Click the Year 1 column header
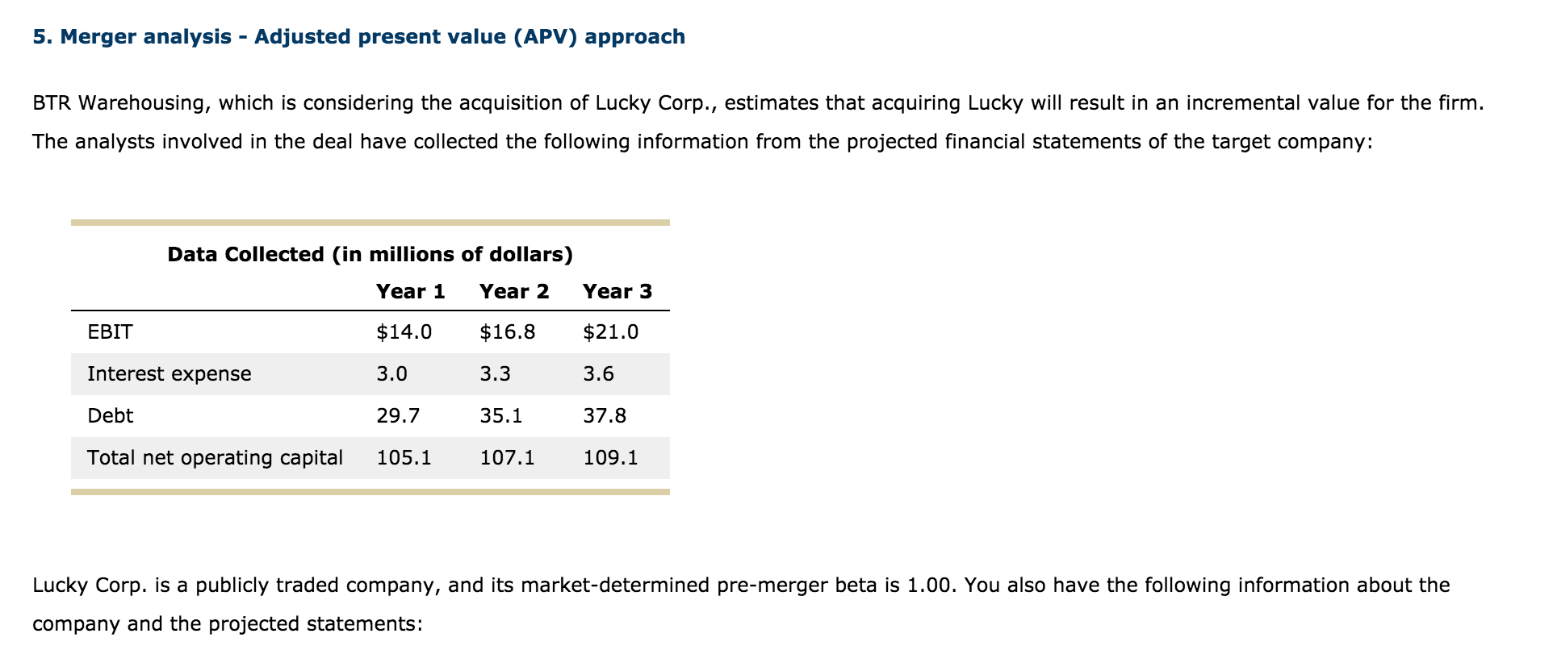410,291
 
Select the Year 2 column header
513,291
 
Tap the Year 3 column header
617,291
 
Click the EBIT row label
110,331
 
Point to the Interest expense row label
169,373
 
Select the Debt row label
110,415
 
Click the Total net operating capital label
215,457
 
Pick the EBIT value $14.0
404,331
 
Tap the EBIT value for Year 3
610,331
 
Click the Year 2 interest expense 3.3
495,373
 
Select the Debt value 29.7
398,415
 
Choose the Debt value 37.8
605,415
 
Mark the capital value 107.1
507,457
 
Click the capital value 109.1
610,457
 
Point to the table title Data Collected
370,254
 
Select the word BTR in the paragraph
52,102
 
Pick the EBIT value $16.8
507,331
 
